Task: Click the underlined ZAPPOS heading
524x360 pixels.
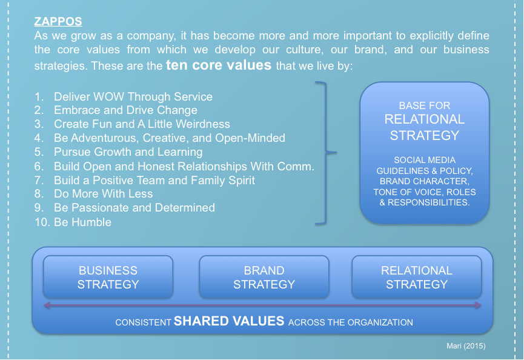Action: tap(58, 21)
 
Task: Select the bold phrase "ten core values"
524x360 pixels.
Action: tap(219, 65)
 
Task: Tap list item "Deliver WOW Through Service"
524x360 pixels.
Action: tap(133, 96)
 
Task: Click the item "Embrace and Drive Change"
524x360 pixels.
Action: tap(125, 110)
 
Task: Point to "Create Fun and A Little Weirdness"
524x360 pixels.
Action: tap(142, 124)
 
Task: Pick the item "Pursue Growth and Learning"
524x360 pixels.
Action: tap(128, 152)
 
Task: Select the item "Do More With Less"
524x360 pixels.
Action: tap(103, 194)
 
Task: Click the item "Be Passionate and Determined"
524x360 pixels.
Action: tap(134, 208)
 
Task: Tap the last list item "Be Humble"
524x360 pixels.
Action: tap(82, 222)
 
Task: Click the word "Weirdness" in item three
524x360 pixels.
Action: tap(203, 124)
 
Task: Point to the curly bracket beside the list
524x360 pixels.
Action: tap(326, 152)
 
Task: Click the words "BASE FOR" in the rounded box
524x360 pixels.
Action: tap(425, 105)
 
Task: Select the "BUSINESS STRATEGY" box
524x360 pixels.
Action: tap(108, 277)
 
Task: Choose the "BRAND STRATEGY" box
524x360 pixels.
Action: tap(264, 277)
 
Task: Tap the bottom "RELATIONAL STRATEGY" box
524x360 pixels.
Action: tap(417, 277)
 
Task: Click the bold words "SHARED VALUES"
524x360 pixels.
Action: tap(229, 321)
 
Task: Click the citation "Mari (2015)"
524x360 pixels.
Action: tap(466, 346)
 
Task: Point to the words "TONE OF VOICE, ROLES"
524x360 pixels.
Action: tap(425, 192)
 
